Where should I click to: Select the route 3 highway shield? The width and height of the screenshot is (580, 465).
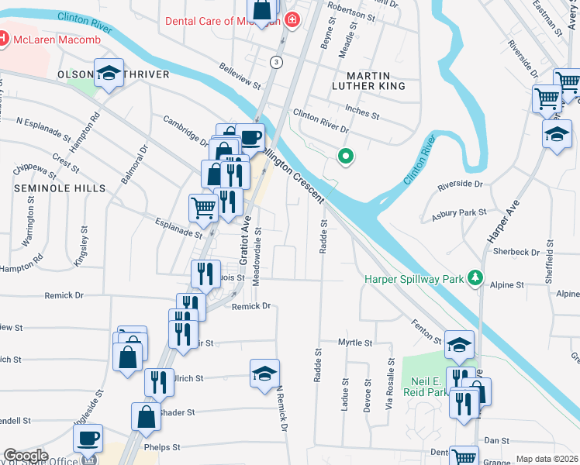(x=276, y=61)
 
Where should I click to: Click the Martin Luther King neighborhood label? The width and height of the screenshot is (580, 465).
(x=368, y=80)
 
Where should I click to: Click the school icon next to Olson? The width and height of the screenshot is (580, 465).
(x=109, y=74)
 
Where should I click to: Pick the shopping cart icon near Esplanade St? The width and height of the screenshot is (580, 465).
(x=203, y=206)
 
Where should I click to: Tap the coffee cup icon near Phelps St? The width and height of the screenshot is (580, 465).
(x=88, y=439)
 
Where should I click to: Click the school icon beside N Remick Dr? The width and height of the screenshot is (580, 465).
(x=264, y=373)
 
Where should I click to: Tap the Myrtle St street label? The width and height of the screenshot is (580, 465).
(x=355, y=342)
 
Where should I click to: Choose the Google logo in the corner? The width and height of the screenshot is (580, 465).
(x=26, y=456)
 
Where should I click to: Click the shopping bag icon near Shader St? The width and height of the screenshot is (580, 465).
(x=146, y=417)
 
